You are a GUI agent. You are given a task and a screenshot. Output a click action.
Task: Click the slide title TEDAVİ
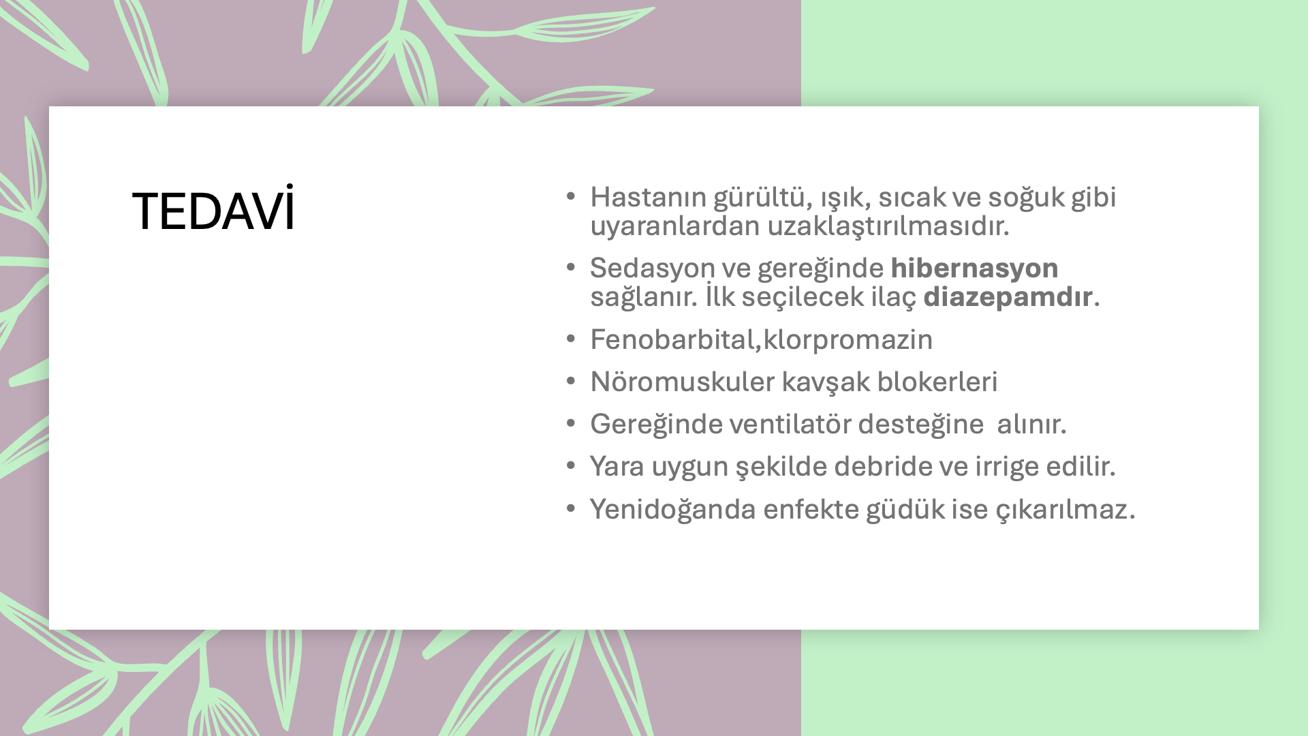pos(213,209)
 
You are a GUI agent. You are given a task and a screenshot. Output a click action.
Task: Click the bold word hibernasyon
pos(974,268)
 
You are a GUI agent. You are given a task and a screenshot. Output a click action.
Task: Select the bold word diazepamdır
pos(1008,296)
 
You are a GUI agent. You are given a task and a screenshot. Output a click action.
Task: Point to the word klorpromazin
pos(847,340)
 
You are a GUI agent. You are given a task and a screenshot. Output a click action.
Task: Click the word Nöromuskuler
pos(682,382)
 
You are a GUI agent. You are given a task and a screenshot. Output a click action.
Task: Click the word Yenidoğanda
pos(673,509)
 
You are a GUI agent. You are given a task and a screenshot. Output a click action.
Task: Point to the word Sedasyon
pos(653,268)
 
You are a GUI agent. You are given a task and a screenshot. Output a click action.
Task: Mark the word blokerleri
pos(937,382)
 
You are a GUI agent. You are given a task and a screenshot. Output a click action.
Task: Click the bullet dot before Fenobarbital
pos(571,338)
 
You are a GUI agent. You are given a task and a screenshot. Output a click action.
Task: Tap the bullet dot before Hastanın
pos(571,196)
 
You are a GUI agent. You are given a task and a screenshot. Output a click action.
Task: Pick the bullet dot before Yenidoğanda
pos(571,508)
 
